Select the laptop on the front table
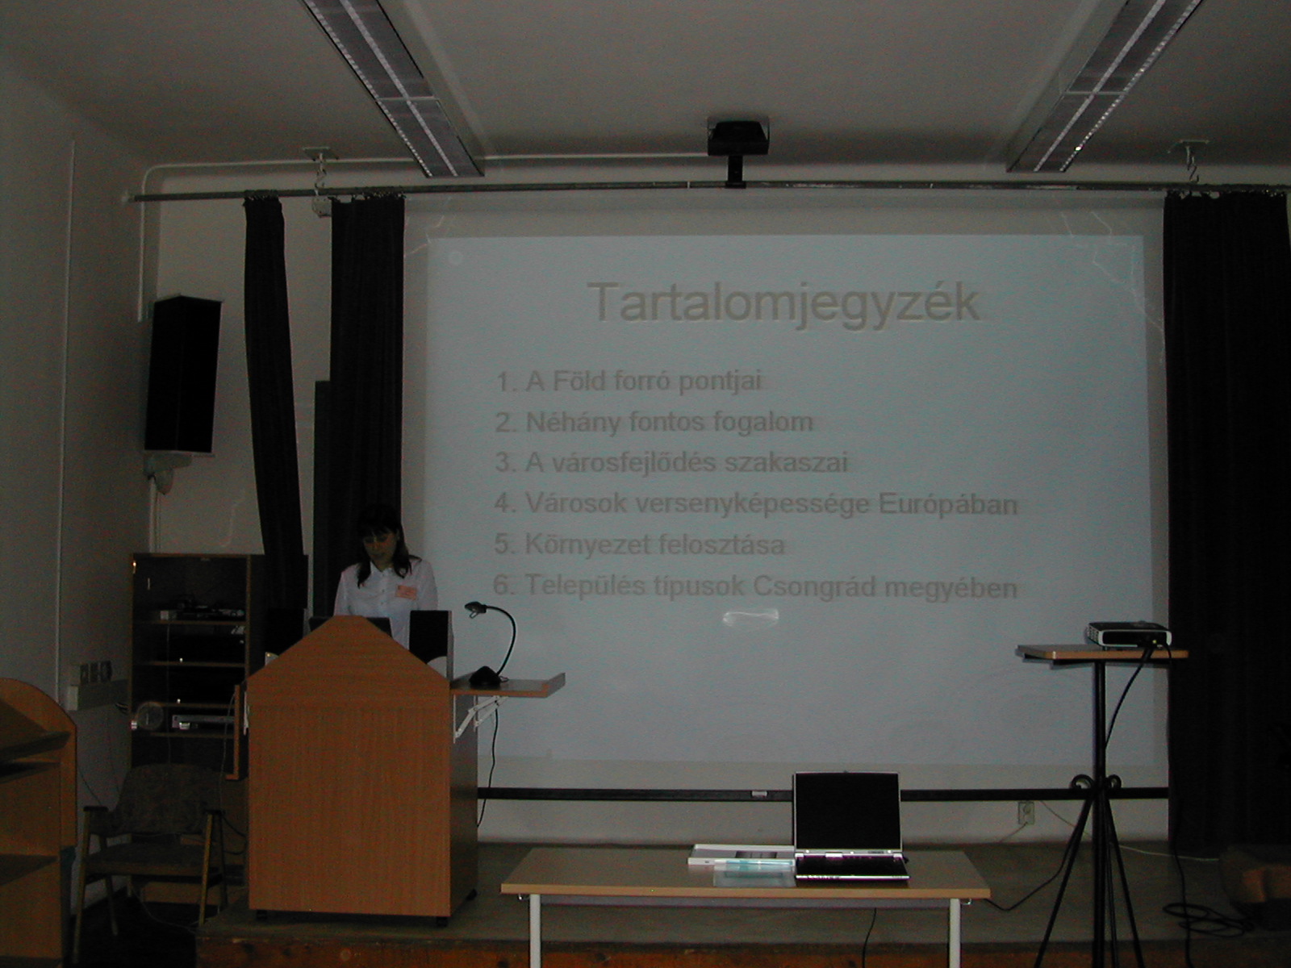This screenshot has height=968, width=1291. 849,826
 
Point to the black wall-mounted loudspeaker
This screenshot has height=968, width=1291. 182,375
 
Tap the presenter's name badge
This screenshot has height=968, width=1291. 405,591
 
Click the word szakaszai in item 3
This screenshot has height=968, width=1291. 787,463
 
